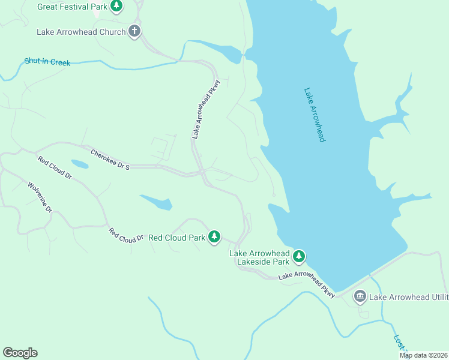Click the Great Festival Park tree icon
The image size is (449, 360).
pos(117,7)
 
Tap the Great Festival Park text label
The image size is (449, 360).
pos(72,7)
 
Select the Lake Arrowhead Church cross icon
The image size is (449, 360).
pos(134,32)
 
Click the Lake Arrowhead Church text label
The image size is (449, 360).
pos(81,32)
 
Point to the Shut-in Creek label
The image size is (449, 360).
pos(47,62)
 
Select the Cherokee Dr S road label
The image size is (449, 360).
pos(110,160)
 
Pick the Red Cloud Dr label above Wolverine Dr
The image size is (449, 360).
pos(55,169)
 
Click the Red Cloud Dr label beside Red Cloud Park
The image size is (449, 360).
pos(125,235)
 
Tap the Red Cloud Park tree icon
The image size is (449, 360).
pos(214,237)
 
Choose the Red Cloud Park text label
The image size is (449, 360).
pos(176,238)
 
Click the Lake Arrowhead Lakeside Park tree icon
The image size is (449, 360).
pos(299,257)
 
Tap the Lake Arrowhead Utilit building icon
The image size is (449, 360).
pos(360,296)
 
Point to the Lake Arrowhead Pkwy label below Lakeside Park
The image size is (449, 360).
pos(306,283)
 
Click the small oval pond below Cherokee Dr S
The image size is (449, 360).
pos(80,164)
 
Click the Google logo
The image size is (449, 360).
pos(20,353)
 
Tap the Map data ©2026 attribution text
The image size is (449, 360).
pos(423,355)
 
